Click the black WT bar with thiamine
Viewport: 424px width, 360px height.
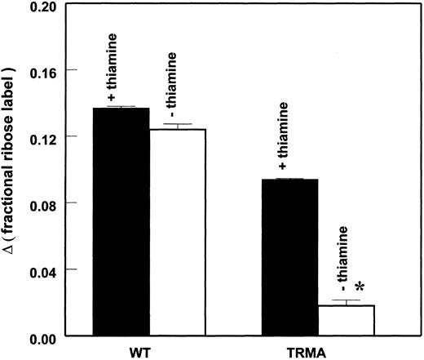coord(121,220)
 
